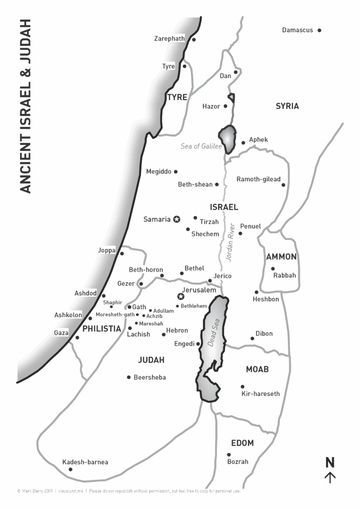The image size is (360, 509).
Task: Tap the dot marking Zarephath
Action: click(194, 40)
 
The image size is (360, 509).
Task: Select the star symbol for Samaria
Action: click(177, 219)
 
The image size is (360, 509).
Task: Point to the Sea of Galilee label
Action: click(202, 146)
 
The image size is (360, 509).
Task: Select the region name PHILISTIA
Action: click(102, 329)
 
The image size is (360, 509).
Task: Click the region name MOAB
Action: click(257, 369)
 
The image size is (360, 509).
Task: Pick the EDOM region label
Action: click(242, 443)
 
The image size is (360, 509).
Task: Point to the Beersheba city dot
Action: click(128, 377)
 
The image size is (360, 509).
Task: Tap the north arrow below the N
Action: click(330, 478)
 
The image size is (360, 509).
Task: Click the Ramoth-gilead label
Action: click(258, 179)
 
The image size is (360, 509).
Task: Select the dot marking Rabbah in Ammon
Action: click(273, 269)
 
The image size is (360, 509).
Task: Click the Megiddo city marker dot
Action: click(176, 172)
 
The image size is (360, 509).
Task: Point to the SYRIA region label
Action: click(287, 106)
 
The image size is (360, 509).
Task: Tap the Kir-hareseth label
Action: click(260, 394)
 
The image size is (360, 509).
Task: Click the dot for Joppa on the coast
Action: click(122, 254)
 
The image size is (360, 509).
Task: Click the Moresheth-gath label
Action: click(115, 314)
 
